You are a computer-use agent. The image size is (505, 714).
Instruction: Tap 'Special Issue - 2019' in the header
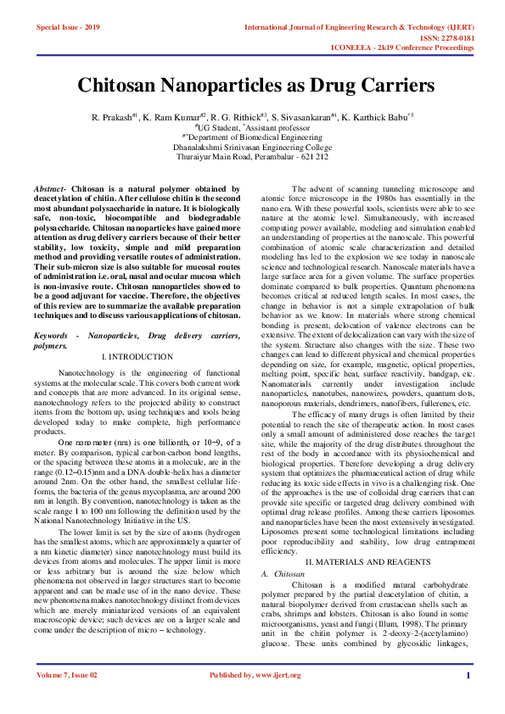click(68, 27)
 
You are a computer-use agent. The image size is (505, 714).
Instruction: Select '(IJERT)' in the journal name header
click(457, 27)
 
